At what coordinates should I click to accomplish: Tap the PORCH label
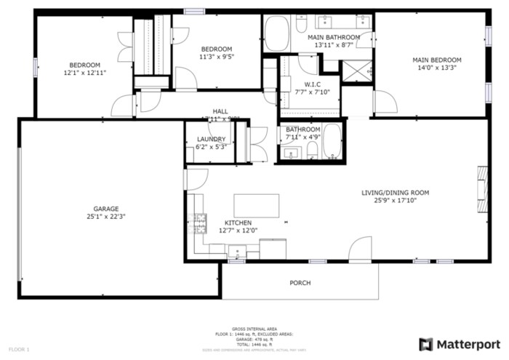click(300, 283)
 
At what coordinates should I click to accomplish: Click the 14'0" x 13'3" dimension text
click(437, 68)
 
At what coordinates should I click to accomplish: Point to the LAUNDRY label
click(211, 139)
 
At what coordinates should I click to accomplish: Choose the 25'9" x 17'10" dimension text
click(396, 201)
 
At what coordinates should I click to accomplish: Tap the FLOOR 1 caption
click(19, 350)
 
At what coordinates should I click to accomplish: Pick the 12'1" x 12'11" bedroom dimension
click(84, 73)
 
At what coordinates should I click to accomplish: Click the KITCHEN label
click(238, 223)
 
